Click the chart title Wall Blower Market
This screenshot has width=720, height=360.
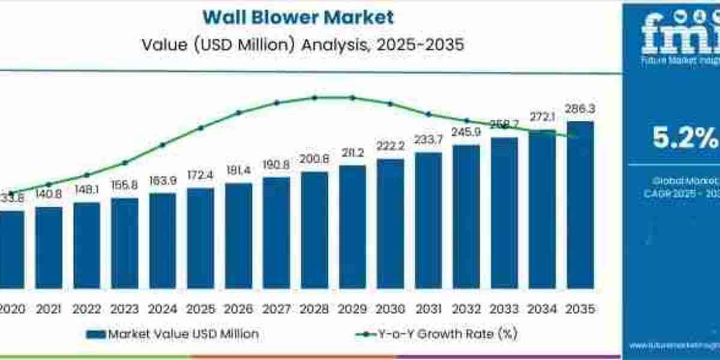pos(298,17)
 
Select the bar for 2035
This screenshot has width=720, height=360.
pos(580,204)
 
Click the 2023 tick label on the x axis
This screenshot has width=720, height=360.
pos(124,309)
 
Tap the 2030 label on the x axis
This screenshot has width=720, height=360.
pos(390,309)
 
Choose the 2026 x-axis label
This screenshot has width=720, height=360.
pos(238,309)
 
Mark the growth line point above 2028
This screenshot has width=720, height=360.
pos(314,97)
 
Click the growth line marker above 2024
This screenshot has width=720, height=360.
pos(163,145)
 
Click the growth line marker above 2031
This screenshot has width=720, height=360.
pos(428,113)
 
